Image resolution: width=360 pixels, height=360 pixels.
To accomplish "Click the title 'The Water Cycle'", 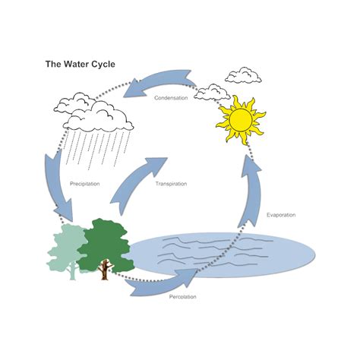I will (81, 65).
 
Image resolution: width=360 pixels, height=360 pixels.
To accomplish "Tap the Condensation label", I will (171, 98).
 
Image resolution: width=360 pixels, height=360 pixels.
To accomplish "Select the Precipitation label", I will (85, 184).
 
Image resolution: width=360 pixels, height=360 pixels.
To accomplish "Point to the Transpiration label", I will (171, 184).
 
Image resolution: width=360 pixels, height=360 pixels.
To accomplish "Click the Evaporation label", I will (282, 215).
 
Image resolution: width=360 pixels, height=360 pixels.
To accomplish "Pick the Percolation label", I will (183, 295).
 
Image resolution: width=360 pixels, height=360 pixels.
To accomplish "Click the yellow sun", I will (241, 119).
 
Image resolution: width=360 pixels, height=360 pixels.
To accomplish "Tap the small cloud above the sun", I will (243, 74).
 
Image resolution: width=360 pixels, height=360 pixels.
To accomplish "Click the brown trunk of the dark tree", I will (105, 270).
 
